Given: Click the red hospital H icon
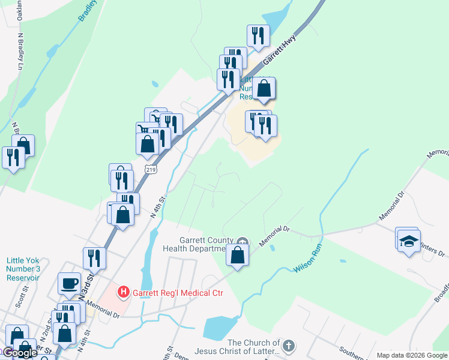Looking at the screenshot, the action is pyautogui.click(x=124, y=293).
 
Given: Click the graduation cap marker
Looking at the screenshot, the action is pyautogui.click(x=409, y=241).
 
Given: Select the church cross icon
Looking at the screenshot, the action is pyautogui.click(x=289, y=346).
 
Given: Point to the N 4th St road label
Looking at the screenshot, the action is pyautogui.click(x=157, y=210).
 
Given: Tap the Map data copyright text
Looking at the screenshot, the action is pyautogui.click(x=412, y=355).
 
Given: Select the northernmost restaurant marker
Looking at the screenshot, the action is pyautogui.click(x=258, y=35).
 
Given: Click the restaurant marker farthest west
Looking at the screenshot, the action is pyautogui.click(x=13, y=157).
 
